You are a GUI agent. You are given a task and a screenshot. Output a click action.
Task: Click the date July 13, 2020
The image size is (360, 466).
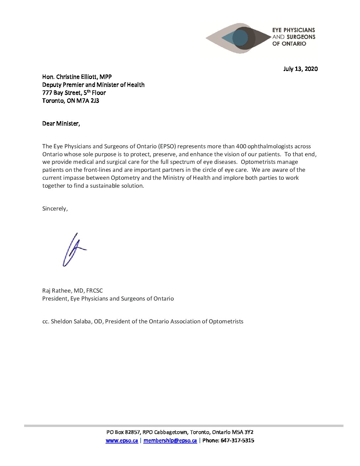point(300,69)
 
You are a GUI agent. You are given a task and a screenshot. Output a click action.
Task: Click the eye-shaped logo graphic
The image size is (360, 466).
point(238,38)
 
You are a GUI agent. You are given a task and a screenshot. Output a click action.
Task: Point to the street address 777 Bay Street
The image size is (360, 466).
point(62,93)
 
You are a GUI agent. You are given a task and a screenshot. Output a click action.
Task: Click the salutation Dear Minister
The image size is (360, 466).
point(61,123)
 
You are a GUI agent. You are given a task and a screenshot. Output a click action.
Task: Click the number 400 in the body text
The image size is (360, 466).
point(241,146)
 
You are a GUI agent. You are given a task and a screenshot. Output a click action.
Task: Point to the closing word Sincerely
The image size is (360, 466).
point(55,209)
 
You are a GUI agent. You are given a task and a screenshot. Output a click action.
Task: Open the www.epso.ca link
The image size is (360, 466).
point(122,441)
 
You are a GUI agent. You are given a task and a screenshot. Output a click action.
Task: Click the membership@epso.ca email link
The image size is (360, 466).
point(170,441)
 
